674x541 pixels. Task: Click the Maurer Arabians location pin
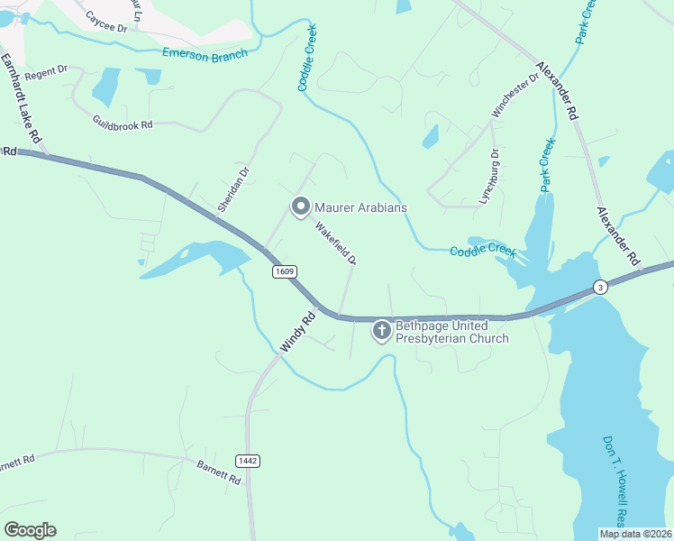300,207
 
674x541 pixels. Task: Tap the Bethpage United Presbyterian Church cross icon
382,331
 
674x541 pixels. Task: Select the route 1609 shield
282,270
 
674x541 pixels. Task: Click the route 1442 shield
248,461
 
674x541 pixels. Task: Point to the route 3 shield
599,287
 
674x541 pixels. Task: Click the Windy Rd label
299,331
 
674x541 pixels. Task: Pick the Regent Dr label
46,71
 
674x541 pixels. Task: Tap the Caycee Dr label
106,21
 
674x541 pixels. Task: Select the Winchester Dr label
515,95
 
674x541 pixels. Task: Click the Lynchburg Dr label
487,176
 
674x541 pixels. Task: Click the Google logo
30,530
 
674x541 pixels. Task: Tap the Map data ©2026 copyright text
635,534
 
